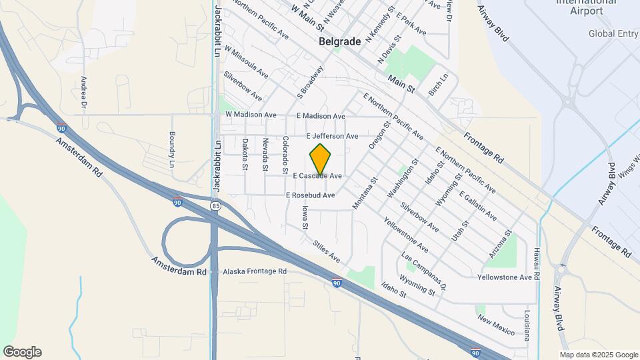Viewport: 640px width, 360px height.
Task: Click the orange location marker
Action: pyautogui.click(x=321, y=159)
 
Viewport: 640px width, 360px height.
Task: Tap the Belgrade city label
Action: pyautogui.click(x=340, y=41)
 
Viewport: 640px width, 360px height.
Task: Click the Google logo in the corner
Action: pyautogui.click(x=22, y=352)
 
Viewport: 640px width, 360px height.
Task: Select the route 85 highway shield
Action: pyautogui.click(x=215, y=207)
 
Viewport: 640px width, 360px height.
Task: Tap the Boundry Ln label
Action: pyautogui.click(x=171, y=150)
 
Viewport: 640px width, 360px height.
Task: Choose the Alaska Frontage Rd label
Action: pyautogui.click(x=254, y=271)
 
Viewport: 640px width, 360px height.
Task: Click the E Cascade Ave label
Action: pyautogui.click(x=317, y=176)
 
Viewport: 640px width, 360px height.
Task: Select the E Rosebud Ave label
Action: pyautogui.click(x=310, y=195)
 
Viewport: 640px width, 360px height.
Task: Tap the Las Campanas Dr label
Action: pyautogui.click(x=423, y=272)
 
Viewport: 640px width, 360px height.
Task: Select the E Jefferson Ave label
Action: pyautogui.click(x=332, y=136)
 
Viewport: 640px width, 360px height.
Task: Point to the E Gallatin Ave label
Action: pyautogui.click(x=477, y=206)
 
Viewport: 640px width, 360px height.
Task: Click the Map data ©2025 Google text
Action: pyautogui.click(x=598, y=354)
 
